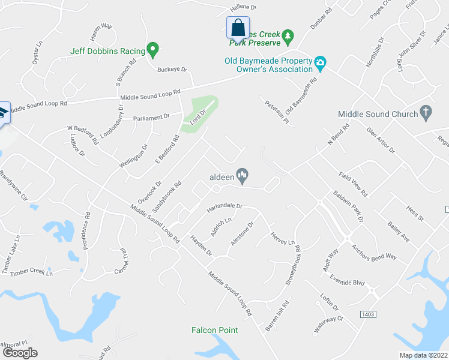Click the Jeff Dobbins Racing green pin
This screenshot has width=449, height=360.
[152, 50]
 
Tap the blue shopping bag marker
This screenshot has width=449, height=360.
[238, 28]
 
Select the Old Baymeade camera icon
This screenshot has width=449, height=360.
[320, 62]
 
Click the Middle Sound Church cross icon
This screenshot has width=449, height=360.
[426, 112]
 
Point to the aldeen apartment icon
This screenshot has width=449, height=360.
[243, 175]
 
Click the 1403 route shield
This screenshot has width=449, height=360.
[368, 314]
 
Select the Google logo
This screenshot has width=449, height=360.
[19, 353]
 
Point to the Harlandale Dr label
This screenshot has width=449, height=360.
[224, 208]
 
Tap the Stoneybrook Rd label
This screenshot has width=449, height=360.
[294, 263]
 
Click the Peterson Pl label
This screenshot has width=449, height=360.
[277, 112]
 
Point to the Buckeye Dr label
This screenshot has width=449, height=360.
[172, 70]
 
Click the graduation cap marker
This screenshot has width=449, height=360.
[3, 113]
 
